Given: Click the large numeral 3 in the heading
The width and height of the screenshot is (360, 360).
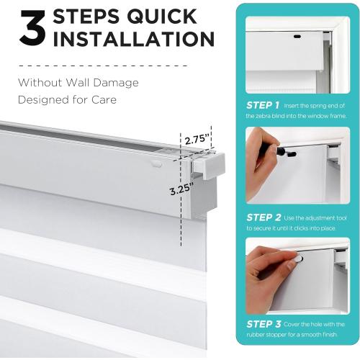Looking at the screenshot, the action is click(32, 28).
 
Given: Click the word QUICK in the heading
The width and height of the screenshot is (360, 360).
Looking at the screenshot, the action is click(162, 17).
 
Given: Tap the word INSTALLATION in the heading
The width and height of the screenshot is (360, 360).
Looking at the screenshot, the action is click(133, 39).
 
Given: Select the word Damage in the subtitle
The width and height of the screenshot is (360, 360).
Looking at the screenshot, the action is click(116, 83).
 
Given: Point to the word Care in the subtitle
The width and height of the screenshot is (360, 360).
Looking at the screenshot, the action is click(104, 100).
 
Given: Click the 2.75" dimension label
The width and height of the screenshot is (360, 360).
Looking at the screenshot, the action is click(197, 139).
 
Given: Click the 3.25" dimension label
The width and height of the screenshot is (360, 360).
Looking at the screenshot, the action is click(181, 189).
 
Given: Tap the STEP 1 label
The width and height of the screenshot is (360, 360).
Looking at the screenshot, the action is click(263, 105).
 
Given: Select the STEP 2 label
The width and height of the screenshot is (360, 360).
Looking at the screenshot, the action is click(264, 217).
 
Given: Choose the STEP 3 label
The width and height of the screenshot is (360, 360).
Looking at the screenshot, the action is click(264, 324).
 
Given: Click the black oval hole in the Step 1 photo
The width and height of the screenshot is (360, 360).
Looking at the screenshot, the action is click(297, 37).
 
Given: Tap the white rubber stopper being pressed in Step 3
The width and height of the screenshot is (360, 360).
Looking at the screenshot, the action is click(298, 258).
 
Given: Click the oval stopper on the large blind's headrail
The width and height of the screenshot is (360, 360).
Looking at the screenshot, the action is click(156, 164).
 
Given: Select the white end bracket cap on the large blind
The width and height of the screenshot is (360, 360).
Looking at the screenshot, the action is click(209, 166).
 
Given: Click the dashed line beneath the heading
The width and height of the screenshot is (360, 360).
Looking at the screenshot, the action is click(103, 66).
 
